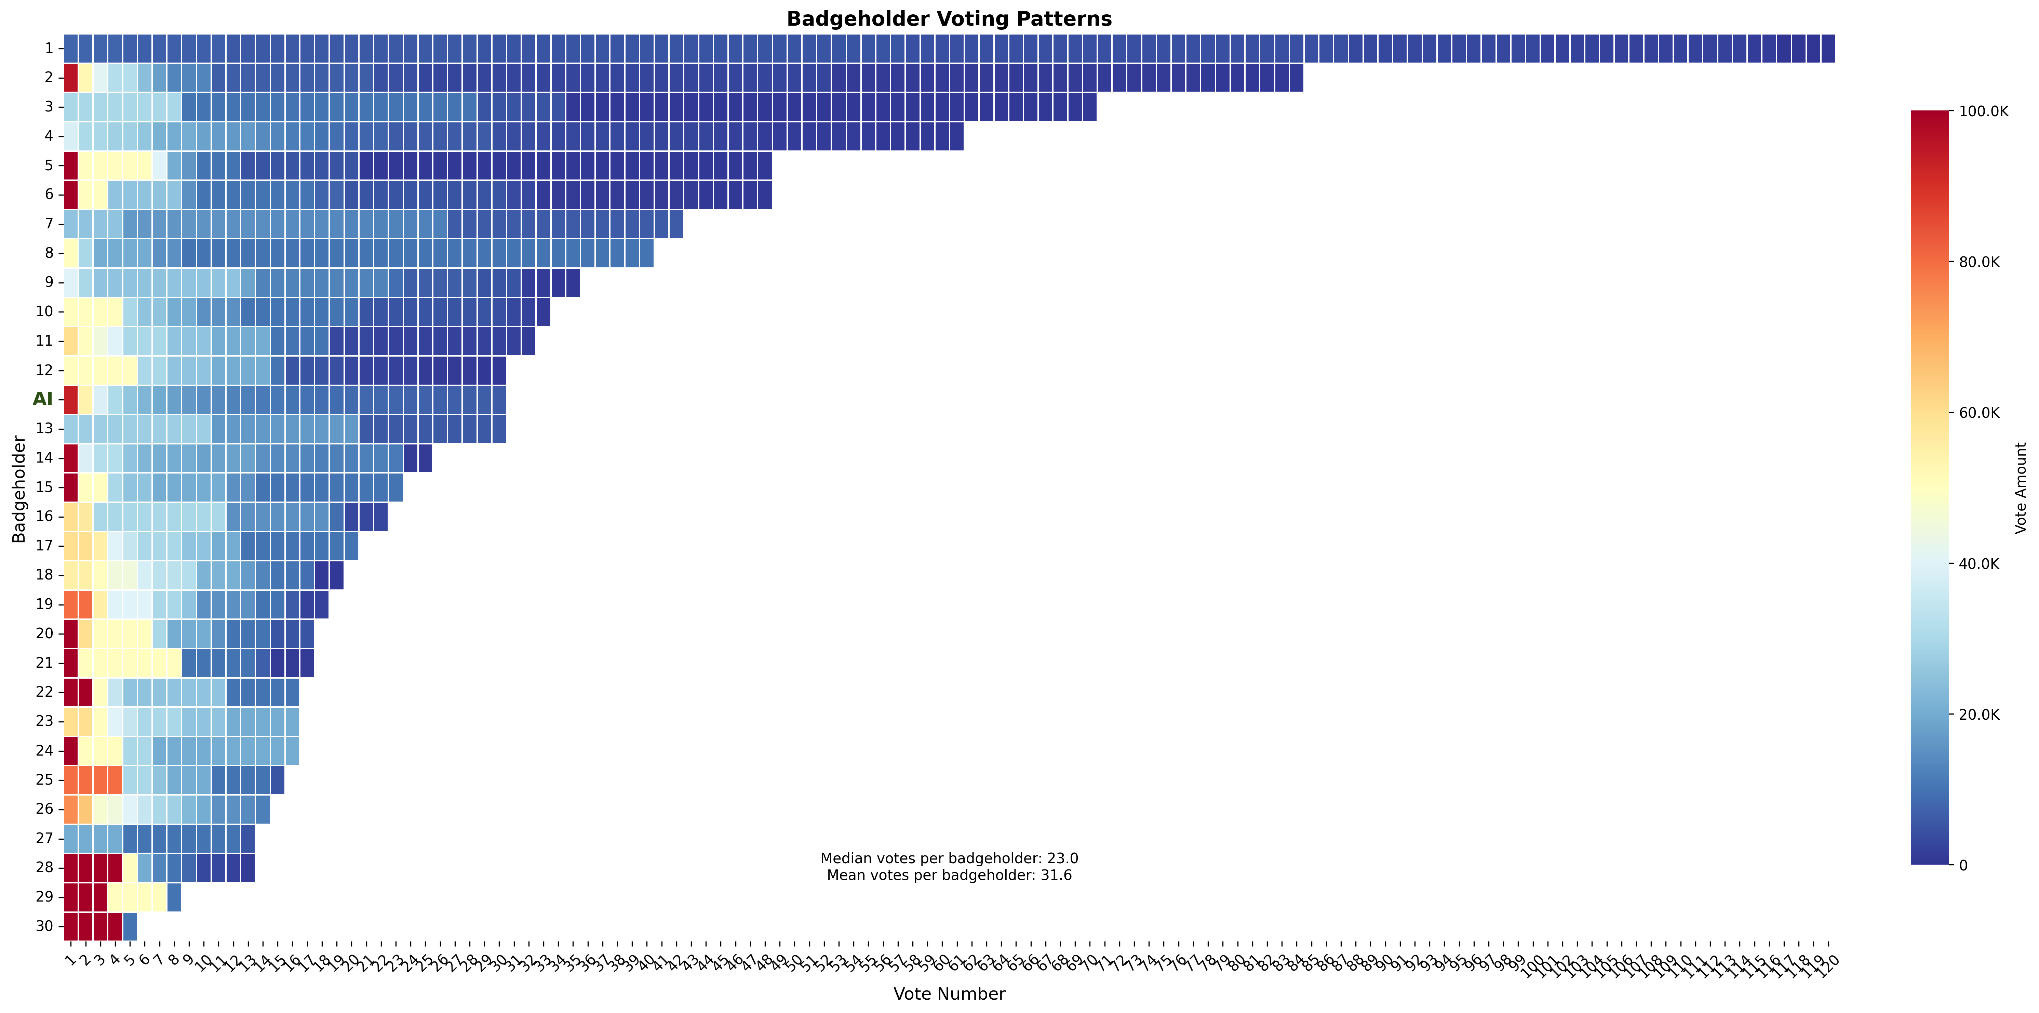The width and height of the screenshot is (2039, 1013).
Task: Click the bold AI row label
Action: tap(43, 399)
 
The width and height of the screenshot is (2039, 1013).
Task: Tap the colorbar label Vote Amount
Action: tap(2021, 488)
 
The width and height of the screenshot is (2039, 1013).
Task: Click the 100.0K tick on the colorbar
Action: tap(1984, 111)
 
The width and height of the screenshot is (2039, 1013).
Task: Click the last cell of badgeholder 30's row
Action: tap(130, 926)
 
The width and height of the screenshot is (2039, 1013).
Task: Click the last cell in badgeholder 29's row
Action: tap(174, 897)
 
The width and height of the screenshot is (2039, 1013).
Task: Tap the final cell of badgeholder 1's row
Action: tap(1827, 48)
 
